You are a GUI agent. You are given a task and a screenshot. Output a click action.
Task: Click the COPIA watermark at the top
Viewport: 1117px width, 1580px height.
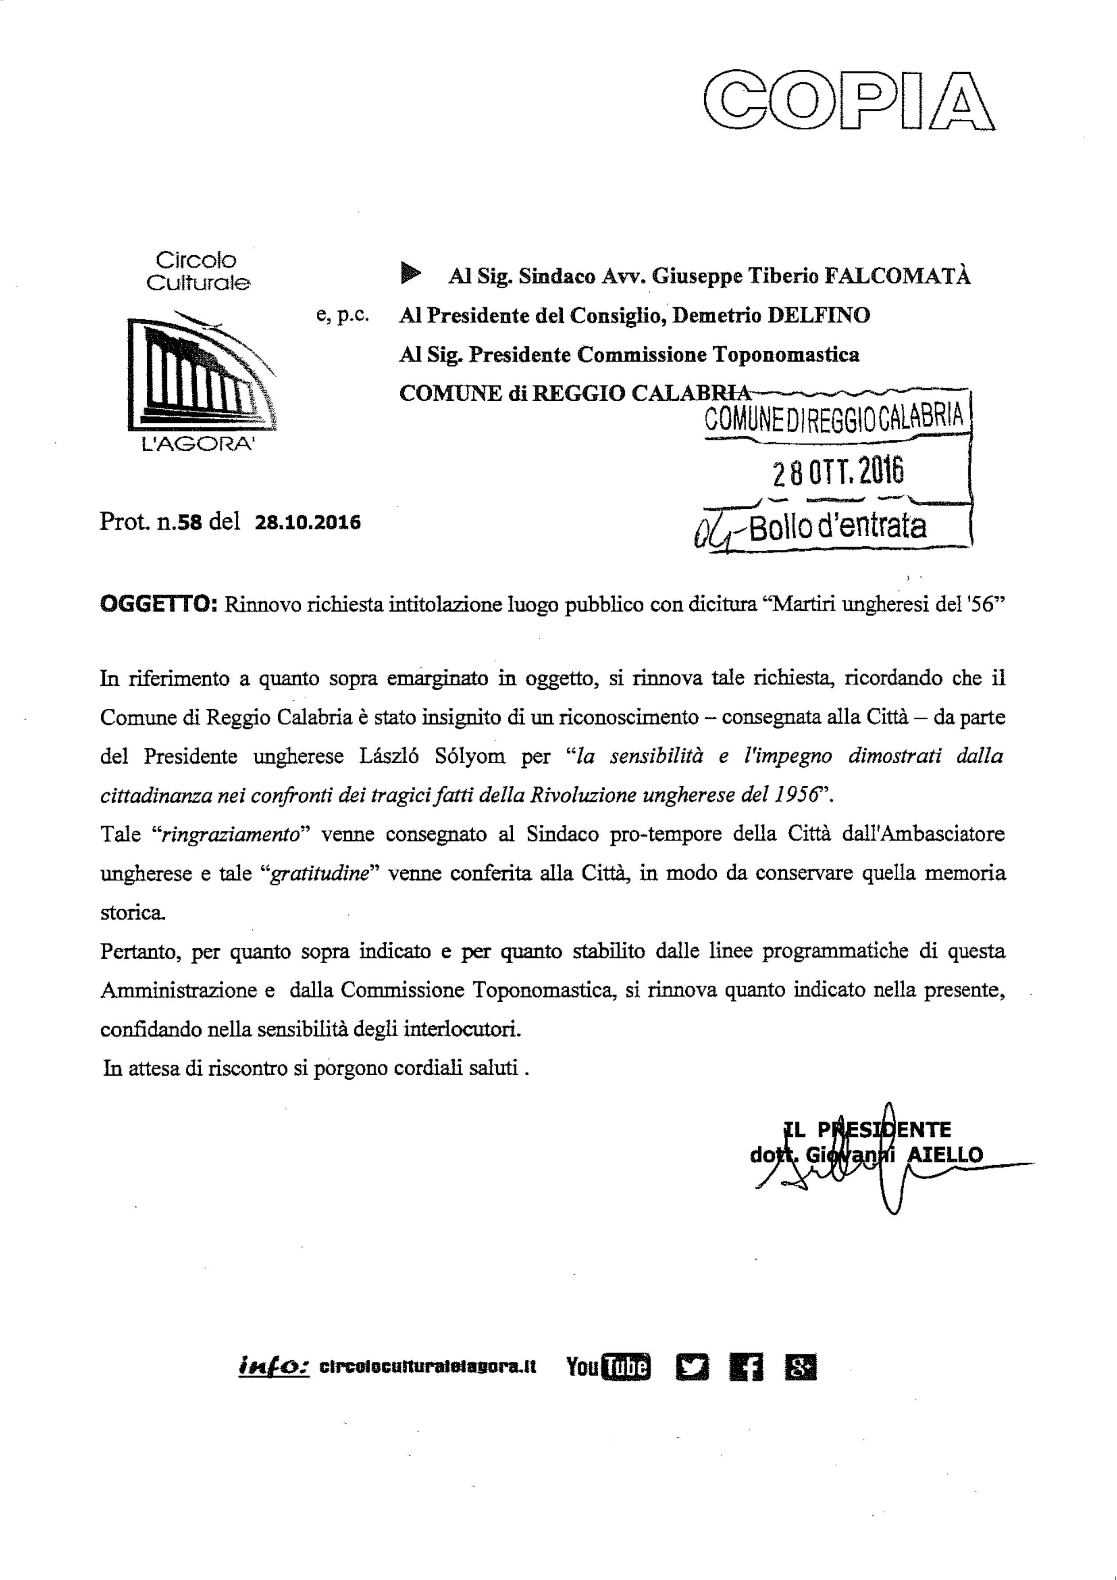point(849,100)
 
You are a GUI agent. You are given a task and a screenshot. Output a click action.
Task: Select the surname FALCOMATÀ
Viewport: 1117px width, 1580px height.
point(897,276)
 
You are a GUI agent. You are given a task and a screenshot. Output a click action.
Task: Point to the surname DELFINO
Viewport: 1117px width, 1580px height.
point(819,315)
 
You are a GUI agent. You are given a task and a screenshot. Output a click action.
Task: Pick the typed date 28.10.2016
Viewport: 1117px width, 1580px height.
point(308,523)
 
